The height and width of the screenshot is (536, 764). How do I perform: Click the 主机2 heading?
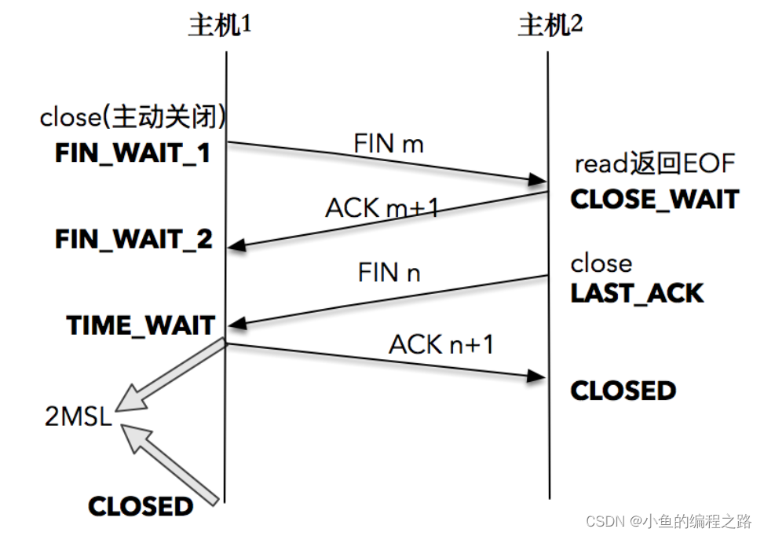550,26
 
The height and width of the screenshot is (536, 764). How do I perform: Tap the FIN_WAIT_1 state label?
133,152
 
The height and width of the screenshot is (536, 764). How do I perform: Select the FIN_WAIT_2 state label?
133,239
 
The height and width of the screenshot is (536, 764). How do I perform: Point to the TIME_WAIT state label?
141,325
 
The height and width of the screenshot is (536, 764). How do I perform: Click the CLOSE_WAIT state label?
655,199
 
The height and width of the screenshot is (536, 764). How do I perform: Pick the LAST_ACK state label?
637,293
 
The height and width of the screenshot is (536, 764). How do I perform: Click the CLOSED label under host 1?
141,506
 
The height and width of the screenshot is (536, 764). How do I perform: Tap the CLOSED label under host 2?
623,391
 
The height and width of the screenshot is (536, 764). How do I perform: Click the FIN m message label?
389,144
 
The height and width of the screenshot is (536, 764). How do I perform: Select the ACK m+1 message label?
382,208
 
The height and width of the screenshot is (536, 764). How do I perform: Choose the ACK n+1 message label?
441,344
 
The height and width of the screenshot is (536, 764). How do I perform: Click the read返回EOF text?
655,164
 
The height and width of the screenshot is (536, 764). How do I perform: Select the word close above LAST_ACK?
601,262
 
